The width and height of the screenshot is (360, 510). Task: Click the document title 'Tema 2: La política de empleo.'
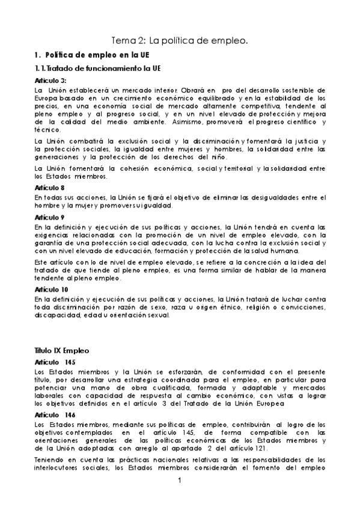click(180, 40)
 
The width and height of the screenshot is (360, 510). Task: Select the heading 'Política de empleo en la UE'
click(86, 55)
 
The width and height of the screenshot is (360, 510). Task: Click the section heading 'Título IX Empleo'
click(62, 349)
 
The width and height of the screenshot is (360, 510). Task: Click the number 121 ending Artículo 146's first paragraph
click(265, 448)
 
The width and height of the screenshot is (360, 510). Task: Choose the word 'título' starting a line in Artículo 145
click(43, 379)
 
